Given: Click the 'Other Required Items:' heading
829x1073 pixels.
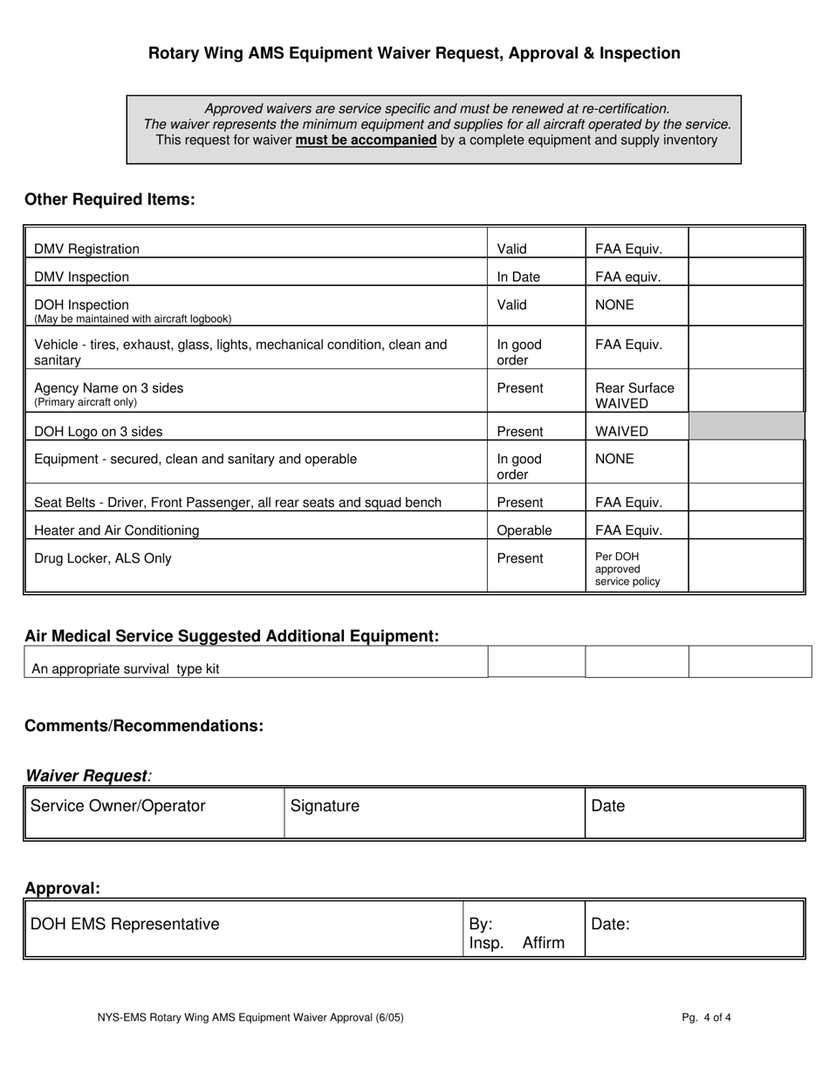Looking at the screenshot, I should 110,200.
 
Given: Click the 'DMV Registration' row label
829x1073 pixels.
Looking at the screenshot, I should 86,249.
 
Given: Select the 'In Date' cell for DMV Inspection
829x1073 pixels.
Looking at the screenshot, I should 518,277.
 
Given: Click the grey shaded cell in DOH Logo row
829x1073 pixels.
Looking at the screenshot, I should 746,427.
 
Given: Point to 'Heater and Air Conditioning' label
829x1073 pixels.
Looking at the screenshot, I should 116,530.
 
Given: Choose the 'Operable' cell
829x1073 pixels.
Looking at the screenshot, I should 524,530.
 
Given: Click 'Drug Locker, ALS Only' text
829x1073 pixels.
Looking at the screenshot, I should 102,559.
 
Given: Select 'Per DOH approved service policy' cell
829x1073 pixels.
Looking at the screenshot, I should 627,569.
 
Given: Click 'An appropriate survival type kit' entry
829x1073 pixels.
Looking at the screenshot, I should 126,669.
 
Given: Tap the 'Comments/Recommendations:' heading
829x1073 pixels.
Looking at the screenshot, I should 144,727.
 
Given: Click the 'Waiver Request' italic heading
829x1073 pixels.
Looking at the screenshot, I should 86,776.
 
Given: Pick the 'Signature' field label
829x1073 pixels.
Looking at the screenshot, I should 325,807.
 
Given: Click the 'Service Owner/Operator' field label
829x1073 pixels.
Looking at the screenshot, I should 118,806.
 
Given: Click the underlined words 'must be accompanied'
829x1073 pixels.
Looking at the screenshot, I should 366,140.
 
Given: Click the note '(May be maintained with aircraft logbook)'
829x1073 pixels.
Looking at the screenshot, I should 133,319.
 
